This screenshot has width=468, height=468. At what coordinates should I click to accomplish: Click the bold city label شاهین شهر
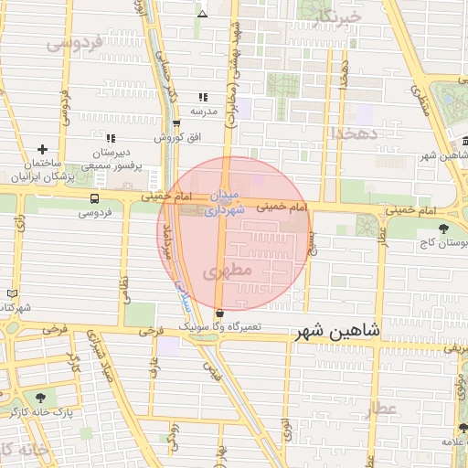point(337,334)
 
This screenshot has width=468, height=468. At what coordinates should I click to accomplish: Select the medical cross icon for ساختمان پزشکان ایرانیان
point(42,149)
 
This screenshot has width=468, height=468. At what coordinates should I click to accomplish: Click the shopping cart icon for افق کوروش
point(176,122)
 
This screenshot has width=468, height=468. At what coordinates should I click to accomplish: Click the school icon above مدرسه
point(203,97)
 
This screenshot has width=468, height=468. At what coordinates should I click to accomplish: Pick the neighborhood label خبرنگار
point(337,17)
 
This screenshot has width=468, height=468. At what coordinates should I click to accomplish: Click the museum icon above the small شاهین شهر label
point(464,142)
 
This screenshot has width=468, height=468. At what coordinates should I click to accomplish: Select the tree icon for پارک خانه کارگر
point(40,398)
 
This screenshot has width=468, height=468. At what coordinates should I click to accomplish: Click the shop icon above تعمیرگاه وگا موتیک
point(219,313)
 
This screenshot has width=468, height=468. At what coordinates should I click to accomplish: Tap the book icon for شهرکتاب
point(11,292)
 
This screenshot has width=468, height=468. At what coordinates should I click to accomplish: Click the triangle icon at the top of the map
point(203,13)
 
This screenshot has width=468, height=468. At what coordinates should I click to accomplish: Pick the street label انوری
point(286,431)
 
